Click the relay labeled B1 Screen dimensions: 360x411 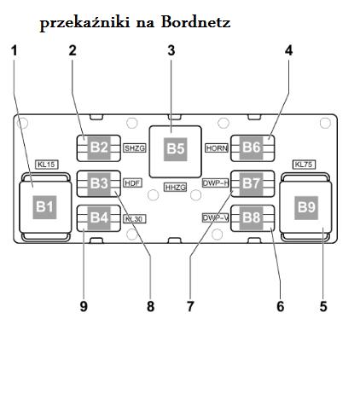[x=45, y=207]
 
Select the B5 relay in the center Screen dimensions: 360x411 [x=176, y=152]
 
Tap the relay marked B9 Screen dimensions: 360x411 [x=305, y=207]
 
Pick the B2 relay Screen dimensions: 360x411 [x=99, y=148]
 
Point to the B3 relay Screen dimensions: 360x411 [x=99, y=183]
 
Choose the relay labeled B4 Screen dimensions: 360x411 [x=99, y=218]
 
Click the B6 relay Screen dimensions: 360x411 [x=253, y=148]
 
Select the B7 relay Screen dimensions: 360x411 [x=253, y=183]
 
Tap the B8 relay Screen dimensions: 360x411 [x=253, y=218]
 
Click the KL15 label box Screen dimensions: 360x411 [x=47, y=165]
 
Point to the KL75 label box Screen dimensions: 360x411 [x=304, y=165]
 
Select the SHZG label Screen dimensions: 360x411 [x=135, y=148]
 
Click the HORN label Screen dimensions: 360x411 [x=217, y=148]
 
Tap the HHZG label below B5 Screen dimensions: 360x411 [x=176, y=188]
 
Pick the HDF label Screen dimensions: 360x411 [x=132, y=183]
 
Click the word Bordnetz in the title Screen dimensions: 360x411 [x=195, y=22]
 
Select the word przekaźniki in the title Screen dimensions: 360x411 [x=85, y=23]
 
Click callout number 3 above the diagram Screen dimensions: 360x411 [x=171, y=50]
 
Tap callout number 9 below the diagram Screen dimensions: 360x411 [x=84, y=306]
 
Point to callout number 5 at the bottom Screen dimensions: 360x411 [x=323, y=306]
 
